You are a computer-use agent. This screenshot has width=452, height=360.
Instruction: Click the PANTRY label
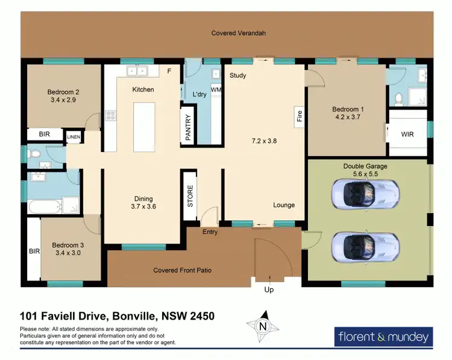pyautogui.click(x=188, y=127)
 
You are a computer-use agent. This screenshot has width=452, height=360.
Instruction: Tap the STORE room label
pyautogui.click(x=190, y=196)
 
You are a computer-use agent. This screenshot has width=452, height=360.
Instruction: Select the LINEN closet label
pyautogui.click(x=74, y=137)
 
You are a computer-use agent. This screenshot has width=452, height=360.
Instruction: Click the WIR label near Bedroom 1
pyautogui.click(x=407, y=134)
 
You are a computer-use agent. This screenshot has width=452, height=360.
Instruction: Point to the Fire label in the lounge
pyautogui.click(x=300, y=116)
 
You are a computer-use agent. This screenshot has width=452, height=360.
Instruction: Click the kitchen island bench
pyautogui.click(x=144, y=127)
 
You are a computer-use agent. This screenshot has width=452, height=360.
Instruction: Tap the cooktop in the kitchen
pyautogui.click(x=111, y=115)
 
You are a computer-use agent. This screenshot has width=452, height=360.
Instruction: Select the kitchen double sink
pyautogui.click(x=137, y=71)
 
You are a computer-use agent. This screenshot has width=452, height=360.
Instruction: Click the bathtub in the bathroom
pyautogui.click(x=45, y=207)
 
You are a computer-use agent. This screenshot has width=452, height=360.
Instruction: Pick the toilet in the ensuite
pyautogui.click(x=399, y=98)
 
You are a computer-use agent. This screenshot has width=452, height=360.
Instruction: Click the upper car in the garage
pyautogui.click(x=366, y=194)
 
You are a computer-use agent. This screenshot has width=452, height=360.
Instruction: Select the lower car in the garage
pyautogui.click(x=366, y=247)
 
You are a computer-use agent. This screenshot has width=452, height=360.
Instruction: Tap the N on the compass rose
pyautogui.click(x=263, y=327)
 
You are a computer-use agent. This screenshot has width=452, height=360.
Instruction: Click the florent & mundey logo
pyautogui.click(x=383, y=336)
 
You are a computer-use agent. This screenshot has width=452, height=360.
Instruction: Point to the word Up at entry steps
pyautogui.click(x=269, y=289)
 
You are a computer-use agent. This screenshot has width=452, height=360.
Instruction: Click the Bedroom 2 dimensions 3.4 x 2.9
pyautogui.click(x=63, y=100)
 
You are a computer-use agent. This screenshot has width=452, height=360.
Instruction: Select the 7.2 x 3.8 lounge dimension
pyautogui.click(x=264, y=141)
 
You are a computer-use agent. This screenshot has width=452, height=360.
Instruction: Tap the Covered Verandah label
pyautogui.click(x=239, y=33)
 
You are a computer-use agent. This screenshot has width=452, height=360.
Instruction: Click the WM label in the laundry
pyautogui.click(x=216, y=90)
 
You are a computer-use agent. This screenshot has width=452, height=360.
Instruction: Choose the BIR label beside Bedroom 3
pyautogui.click(x=34, y=251)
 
